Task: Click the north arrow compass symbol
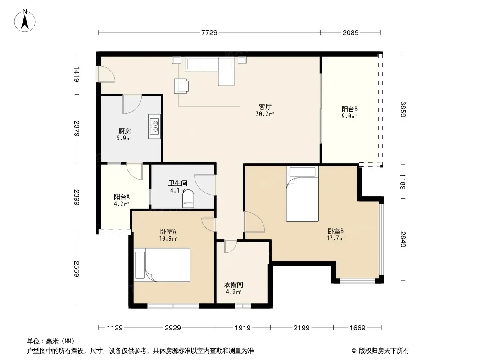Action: point(25,21)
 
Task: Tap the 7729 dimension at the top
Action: point(209,32)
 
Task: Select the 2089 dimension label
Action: point(350,32)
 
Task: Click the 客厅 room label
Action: point(265,107)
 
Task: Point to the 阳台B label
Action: point(349,109)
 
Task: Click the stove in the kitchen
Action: point(154,126)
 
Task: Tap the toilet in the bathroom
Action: point(188,199)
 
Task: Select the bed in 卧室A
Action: point(162,265)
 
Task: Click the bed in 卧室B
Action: point(302,193)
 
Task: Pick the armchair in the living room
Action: point(181,85)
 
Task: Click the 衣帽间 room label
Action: point(234,284)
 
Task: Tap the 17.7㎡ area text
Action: point(335,238)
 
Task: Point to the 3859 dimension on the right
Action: point(403,109)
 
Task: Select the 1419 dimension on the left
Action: point(77,74)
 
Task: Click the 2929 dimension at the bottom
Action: point(172,328)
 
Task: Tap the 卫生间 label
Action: point(177,183)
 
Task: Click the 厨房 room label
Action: point(125,131)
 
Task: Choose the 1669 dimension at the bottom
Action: point(358,328)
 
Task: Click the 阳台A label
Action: point(122,197)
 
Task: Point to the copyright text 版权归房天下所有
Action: point(384,351)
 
